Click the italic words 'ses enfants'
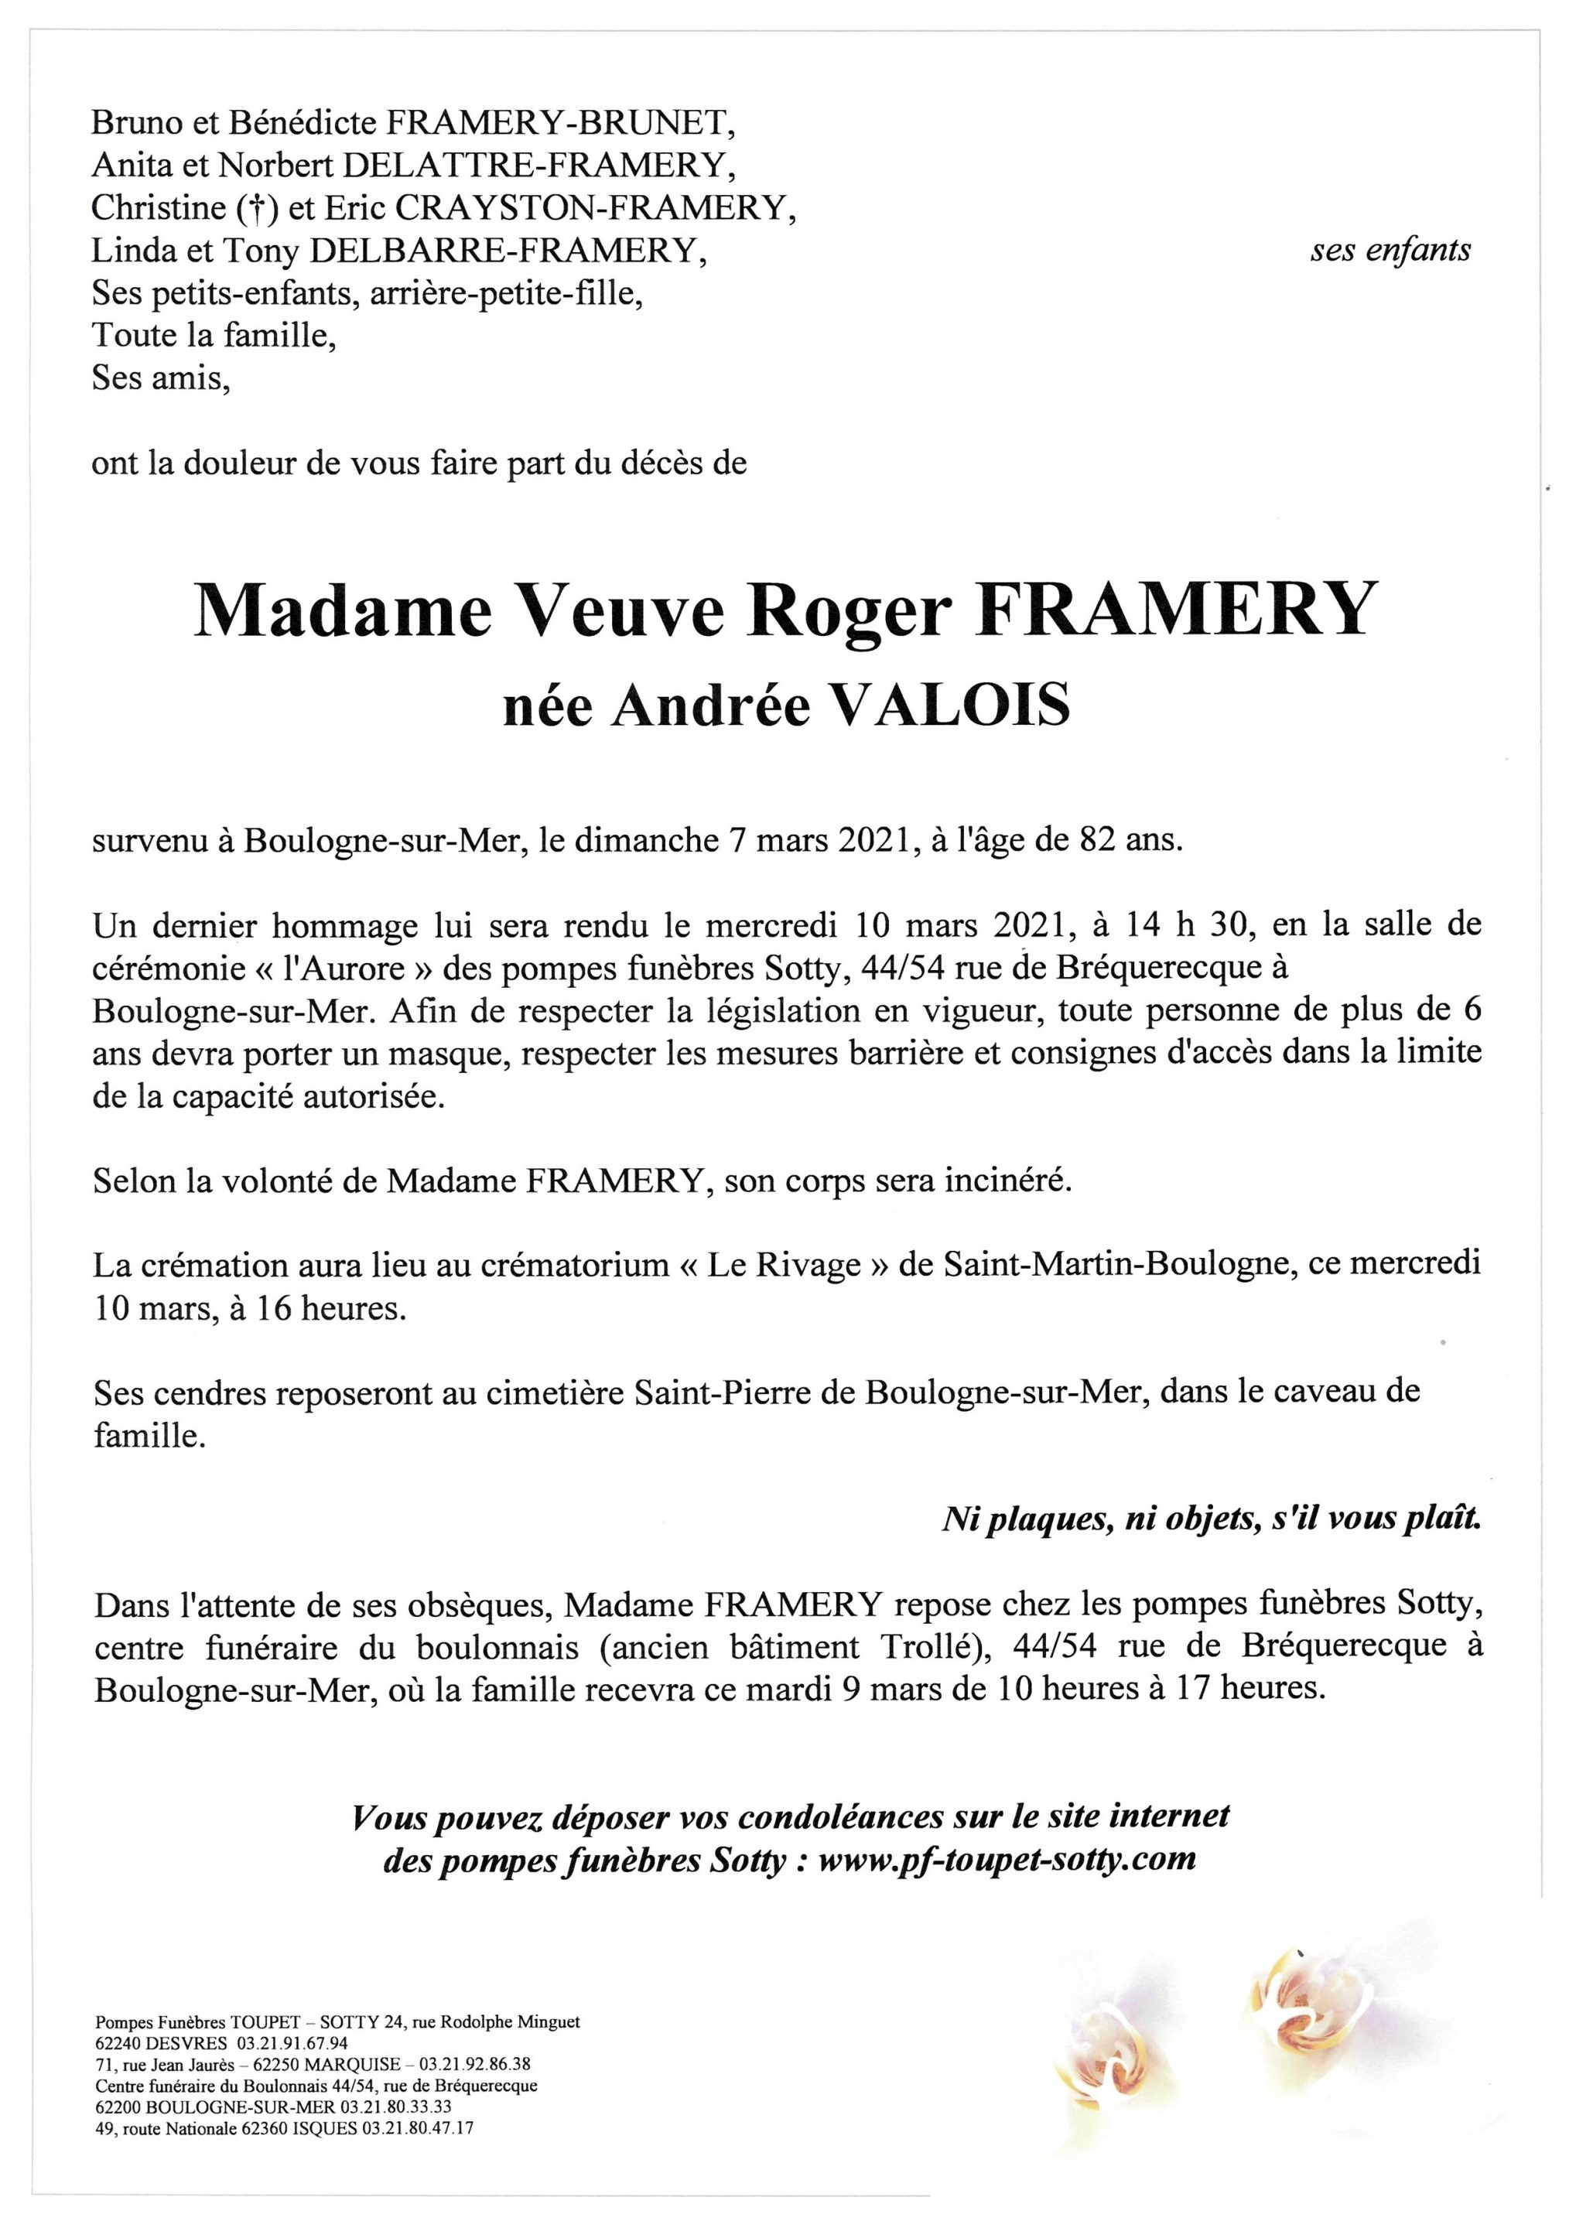point(1390,251)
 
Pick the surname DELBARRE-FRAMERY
point(508,251)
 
